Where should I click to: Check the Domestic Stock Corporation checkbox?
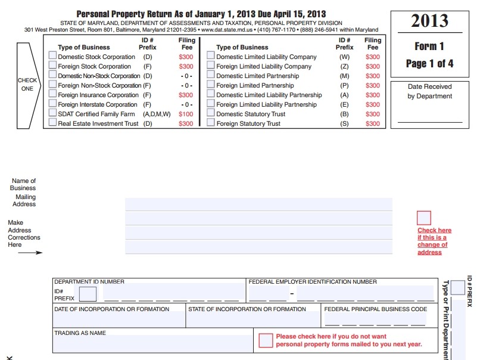pos(52,55)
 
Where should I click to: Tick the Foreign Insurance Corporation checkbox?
pos(52,94)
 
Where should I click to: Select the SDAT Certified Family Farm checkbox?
pos(52,113)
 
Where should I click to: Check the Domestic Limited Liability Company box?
pos(211,55)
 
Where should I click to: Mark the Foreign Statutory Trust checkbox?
pos(211,122)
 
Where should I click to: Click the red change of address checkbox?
pos(424,218)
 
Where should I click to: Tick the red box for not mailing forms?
pos(266,340)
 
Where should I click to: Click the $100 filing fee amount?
pos(186,114)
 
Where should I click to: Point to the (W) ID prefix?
pos(344,57)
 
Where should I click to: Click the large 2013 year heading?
pos(429,21)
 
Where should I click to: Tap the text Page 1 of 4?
pos(429,64)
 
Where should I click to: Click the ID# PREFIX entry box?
pos(88,294)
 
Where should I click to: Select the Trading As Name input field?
pos(153,343)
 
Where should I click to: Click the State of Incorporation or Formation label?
pos(247,309)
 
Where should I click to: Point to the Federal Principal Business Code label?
pos(376,309)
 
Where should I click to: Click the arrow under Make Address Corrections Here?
pos(30,253)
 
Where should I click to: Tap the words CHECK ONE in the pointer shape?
pos(27,85)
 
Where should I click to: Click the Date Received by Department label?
pos(429,91)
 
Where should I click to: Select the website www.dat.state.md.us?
pos(227,30)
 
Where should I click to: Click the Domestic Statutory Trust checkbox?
pos(211,113)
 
